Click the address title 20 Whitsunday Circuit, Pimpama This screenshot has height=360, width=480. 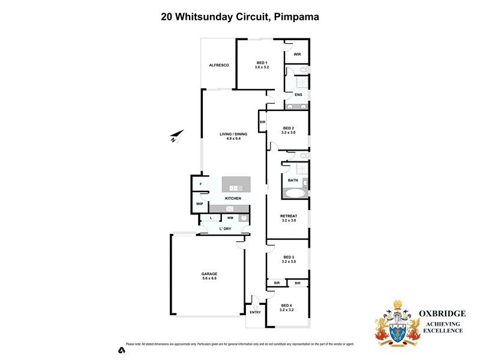(240, 17)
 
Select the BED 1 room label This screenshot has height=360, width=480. (262, 63)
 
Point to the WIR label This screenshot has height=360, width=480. (297, 54)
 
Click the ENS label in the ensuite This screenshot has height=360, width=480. (298, 95)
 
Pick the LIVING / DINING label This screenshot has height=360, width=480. (233, 134)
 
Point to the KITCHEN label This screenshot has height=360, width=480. (233, 198)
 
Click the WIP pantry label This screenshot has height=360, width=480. (199, 204)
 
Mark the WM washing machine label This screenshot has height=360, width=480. (230, 217)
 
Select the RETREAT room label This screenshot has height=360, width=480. (289, 216)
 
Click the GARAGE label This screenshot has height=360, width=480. (209, 274)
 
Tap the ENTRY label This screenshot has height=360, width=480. (255, 312)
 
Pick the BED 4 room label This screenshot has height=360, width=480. (287, 305)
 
